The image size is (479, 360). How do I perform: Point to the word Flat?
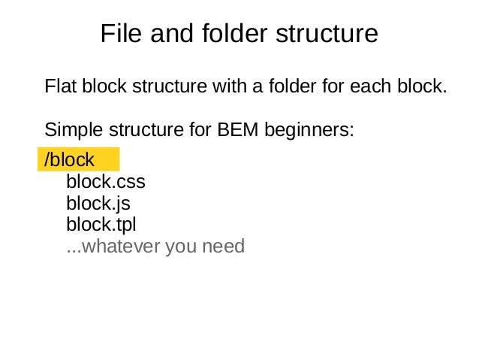pos(59,86)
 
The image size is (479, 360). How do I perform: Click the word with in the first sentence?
pos(236,86)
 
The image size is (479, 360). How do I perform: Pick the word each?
pos(365,86)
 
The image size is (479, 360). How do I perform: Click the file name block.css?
pos(105,182)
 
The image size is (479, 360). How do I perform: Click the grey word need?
pos(223,246)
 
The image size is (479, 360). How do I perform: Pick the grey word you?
pos(181,246)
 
